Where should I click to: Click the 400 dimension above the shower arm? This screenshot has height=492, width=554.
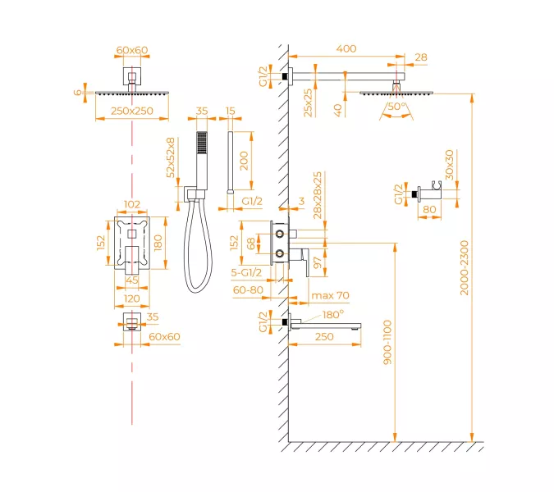[346, 49]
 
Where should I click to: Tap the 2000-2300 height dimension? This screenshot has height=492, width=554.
[465, 267]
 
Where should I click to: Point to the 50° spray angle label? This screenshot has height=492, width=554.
[396, 107]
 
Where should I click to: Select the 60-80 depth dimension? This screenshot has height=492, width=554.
[247, 289]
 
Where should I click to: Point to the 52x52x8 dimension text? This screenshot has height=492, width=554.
[171, 158]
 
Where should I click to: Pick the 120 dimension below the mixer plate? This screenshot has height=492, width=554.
[131, 300]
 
